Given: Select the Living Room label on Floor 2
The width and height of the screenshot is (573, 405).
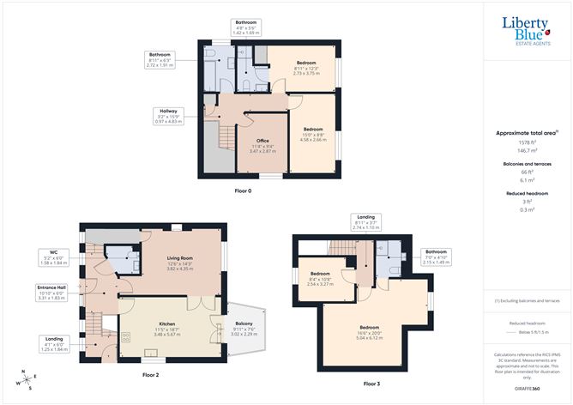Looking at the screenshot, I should (180, 263).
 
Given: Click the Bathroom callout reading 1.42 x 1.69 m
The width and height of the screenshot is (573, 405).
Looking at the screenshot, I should (246, 27).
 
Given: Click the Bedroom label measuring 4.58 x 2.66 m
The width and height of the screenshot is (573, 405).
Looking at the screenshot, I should (312, 136).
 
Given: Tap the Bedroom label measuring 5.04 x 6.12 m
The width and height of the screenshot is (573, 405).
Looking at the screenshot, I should (371, 333).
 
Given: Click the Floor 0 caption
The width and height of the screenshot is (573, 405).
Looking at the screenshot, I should (244, 190).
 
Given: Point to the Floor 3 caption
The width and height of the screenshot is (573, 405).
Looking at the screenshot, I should (371, 383).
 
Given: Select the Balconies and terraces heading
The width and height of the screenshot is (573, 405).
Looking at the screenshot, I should (527, 162).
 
